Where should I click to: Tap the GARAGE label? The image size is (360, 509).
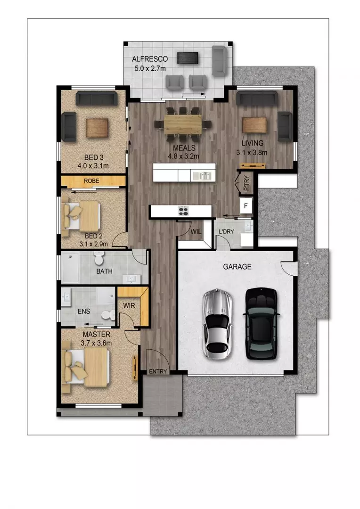tap(237, 267)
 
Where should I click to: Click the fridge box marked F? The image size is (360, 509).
tap(245, 206)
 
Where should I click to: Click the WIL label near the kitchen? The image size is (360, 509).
tap(196, 231)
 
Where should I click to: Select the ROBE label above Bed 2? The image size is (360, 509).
tap(91, 181)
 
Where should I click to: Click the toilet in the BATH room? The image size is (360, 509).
tap(99, 258)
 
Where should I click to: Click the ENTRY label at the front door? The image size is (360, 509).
tap(158, 371)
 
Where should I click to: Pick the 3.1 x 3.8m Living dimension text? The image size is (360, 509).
tap(251, 152)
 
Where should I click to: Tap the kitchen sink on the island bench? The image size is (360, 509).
tap(204, 175)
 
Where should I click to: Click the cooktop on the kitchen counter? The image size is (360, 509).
tap(183, 211)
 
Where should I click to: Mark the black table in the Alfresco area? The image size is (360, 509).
tap(188, 58)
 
